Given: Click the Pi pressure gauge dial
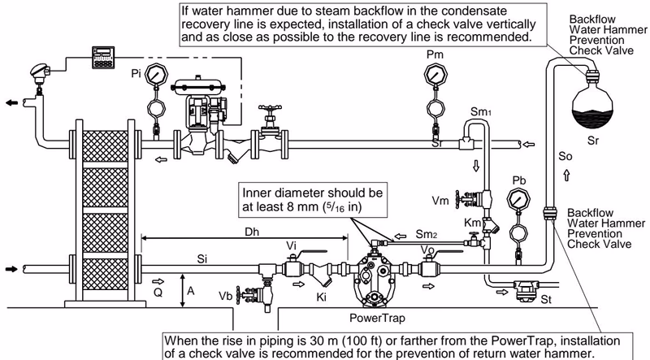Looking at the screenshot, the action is (x=157, y=74).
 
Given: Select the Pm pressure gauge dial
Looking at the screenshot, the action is (x=435, y=73).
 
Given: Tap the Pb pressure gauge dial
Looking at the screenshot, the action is (x=518, y=199).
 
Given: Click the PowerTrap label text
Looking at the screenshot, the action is (x=377, y=318).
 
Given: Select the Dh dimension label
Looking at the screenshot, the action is (x=252, y=232).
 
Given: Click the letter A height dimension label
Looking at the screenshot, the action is (x=191, y=291).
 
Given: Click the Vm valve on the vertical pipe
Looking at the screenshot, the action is (x=474, y=199).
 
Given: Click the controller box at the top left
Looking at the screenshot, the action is (x=103, y=58).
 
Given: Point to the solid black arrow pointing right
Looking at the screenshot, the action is (x=11, y=269).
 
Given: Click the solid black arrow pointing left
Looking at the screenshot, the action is (x=11, y=102).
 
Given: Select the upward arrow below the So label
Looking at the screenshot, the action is (x=566, y=175).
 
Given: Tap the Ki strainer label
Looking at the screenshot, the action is (x=321, y=297).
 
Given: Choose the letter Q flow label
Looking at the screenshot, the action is (x=158, y=293).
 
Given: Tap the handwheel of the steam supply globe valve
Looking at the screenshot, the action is (x=270, y=109).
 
